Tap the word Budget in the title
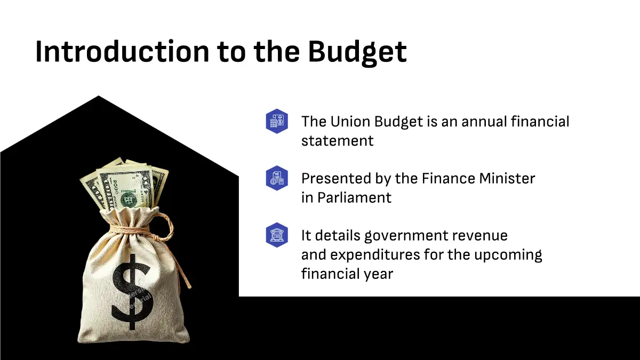357,53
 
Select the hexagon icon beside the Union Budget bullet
277,121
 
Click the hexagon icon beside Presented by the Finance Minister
277,178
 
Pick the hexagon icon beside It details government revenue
277,235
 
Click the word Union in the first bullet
350,122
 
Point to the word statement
338,141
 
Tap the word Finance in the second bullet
447,179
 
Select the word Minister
507,179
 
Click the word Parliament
354,198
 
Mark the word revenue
479,236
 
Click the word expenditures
374,255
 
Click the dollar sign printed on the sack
131,291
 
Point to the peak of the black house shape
99,95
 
